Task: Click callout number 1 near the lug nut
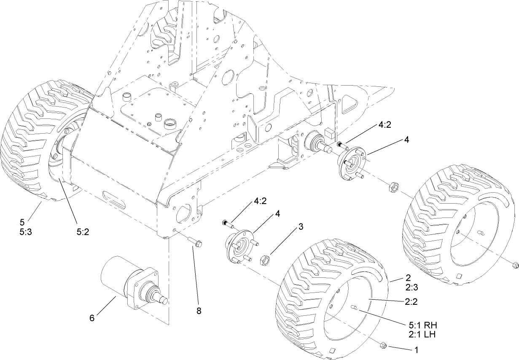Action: tap(417, 349)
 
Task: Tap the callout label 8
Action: tap(199, 311)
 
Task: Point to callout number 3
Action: tap(301, 226)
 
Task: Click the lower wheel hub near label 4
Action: tap(239, 246)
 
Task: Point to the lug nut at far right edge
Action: tap(514, 265)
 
